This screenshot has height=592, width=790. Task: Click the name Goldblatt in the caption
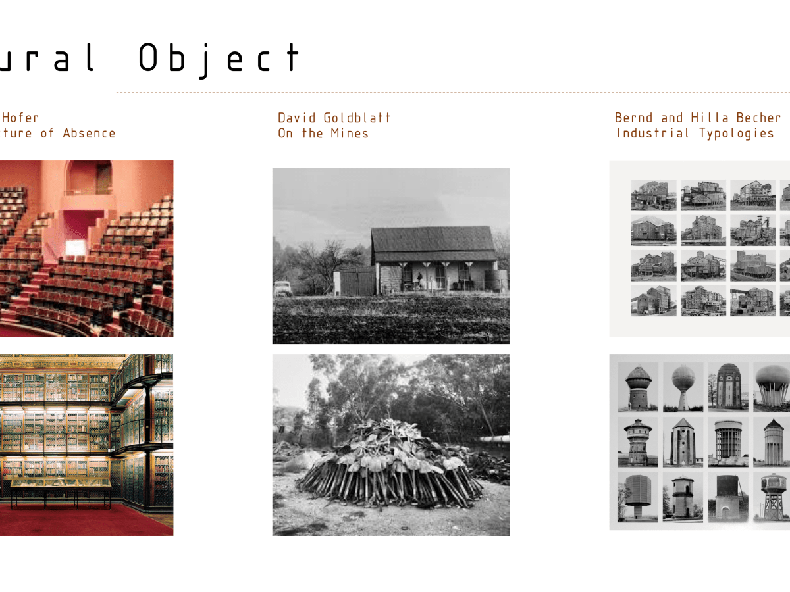click(357, 118)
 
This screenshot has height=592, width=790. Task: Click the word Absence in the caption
click(89, 134)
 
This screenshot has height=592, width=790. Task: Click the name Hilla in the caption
click(708, 118)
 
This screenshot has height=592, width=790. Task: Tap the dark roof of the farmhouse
click(434, 243)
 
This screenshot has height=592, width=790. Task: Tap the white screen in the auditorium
click(76, 248)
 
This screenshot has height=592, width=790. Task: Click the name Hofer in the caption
click(20, 118)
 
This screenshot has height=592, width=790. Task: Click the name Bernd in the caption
click(634, 118)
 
